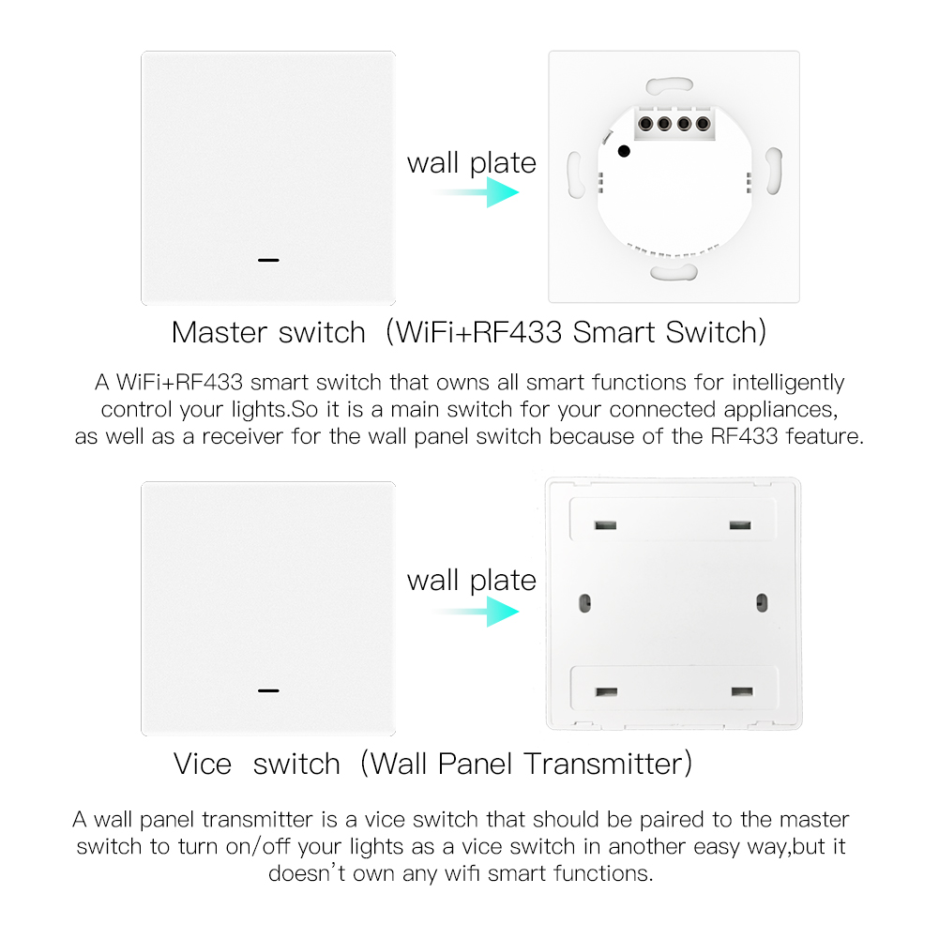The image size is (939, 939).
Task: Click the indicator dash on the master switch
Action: point(268,260)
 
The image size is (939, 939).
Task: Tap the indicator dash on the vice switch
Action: point(268,690)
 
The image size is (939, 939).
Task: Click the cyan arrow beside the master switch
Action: point(477,192)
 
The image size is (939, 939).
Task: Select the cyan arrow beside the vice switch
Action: point(477,612)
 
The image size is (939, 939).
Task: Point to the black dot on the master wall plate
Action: point(624,152)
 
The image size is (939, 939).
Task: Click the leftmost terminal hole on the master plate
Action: point(645,124)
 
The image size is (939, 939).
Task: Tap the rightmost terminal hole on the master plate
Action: point(703,124)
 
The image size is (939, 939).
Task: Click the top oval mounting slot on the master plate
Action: point(670,85)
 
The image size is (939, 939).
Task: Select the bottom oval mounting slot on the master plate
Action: point(674,272)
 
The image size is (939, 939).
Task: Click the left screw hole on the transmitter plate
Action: point(585,602)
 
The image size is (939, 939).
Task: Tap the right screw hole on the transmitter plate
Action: point(762,602)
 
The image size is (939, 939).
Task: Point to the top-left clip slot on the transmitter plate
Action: point(605,525)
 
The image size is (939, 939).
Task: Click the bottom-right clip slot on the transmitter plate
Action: point(742,691)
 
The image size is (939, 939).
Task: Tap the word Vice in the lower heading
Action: point(203,765)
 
